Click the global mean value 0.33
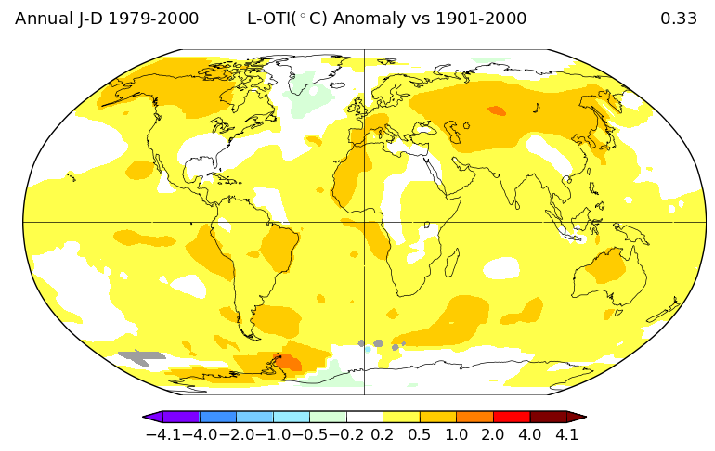678,19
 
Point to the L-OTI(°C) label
295,19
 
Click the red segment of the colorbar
511,417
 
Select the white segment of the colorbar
364,417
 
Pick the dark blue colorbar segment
217,417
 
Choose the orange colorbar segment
474,417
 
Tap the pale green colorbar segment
328,417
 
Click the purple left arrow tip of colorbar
151,417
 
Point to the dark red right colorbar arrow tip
577,417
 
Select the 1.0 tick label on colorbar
456,434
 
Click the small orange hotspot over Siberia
497,110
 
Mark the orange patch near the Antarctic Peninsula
289,362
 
